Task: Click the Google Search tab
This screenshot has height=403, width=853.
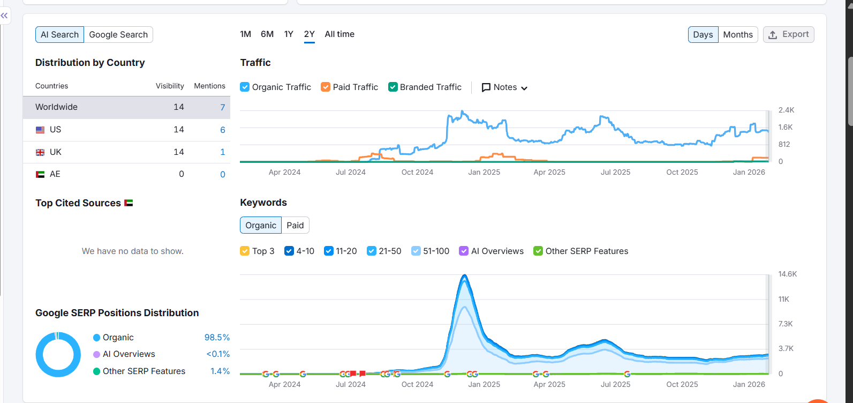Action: click(118, 35)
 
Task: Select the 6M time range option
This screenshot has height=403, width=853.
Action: click(267, 34)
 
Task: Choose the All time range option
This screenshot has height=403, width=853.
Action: click(339, 34)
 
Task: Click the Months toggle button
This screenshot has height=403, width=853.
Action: click(737, 35)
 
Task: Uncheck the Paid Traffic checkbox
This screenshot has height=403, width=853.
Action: click(326, 87)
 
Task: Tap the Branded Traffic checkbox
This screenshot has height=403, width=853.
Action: click(393, 87)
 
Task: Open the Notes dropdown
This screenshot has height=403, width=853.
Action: click(504, 87)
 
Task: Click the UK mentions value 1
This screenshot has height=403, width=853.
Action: click(223, 152)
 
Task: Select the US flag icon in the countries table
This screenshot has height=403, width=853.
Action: click(40, 130)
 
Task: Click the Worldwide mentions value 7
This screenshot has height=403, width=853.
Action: click(223, 107)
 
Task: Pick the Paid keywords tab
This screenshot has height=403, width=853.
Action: click(295, 226)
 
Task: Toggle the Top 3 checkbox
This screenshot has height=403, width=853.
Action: click(245, 251)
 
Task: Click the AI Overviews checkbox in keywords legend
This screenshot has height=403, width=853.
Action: click(464, 251)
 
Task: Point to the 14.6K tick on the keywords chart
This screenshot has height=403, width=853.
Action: click(787, 274)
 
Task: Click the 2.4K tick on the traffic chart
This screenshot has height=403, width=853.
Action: click(786, 110)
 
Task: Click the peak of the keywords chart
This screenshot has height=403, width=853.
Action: click(464, 276)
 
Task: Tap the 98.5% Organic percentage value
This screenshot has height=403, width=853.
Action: click(217, 338)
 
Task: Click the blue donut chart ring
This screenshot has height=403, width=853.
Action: click(40, 355)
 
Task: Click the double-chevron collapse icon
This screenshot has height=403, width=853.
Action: click(4, 16)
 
